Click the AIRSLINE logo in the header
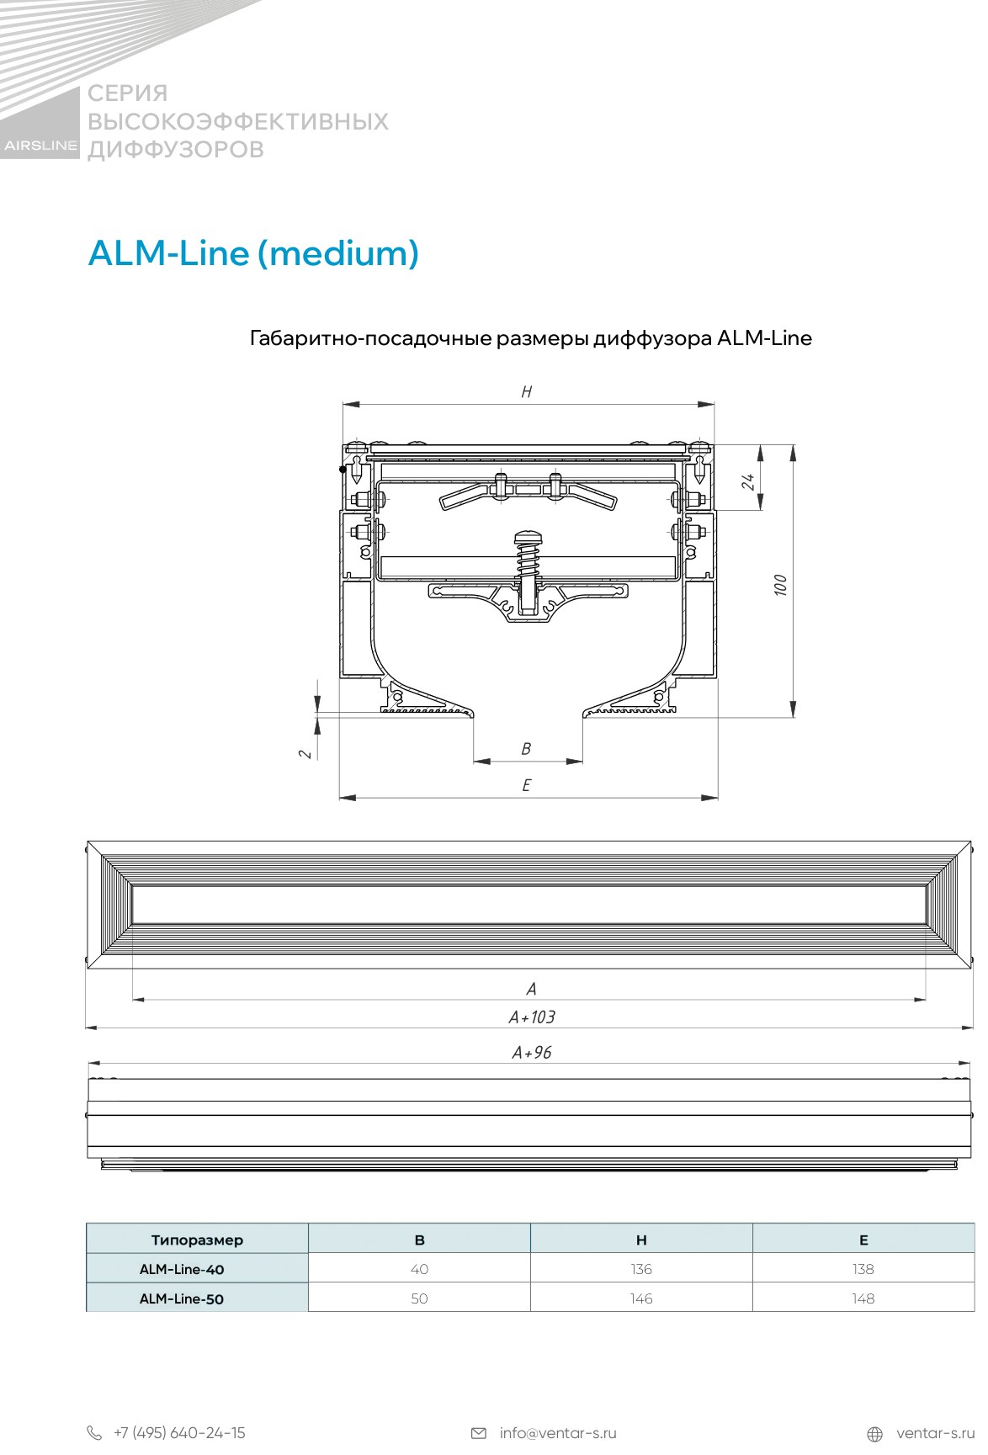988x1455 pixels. [x=40, y=145]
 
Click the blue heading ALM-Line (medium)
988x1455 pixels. [x=253, y=252]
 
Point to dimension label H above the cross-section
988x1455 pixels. [x=527, y=391]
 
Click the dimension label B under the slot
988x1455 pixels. [x=527, y=748]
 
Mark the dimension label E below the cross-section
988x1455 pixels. [x=527, y=785]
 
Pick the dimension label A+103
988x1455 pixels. [x=532, y=1017]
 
